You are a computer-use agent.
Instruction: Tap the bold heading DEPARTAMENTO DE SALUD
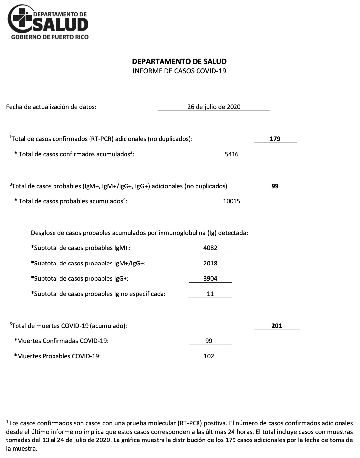[179, 61]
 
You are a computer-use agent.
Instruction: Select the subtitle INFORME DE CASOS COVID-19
[179, 71]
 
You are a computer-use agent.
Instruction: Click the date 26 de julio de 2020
[214, 107]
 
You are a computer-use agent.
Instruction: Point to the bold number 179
[275, 139]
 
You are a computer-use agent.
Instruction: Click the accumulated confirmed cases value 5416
[232, 154]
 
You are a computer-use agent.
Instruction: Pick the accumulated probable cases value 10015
[232, 201]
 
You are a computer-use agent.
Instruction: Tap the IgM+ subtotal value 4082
[210, 248]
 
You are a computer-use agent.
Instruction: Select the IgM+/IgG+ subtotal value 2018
[210, 263]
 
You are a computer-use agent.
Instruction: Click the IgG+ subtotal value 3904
[210, 278]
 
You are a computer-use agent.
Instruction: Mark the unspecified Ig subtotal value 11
[210, 294]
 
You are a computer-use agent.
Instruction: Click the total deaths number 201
[277, 326]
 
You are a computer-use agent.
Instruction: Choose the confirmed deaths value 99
[209, 341]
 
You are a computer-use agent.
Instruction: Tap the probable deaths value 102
[209, 356]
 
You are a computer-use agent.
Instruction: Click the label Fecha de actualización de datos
[51, 107]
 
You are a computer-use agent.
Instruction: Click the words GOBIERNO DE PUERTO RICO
[50, 37]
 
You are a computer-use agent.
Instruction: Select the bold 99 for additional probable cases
[275, 186]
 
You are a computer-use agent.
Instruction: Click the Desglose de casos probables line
[139, 233]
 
